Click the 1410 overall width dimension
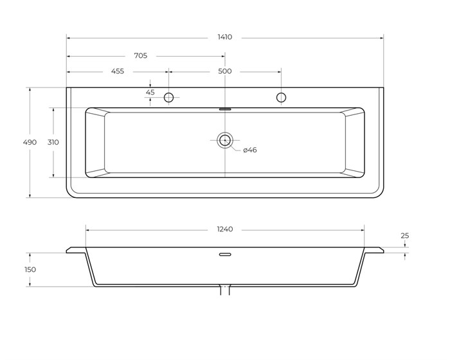[224, 37]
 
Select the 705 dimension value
[140, 56]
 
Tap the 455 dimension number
[118, 71]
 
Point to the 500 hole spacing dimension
[224, 71]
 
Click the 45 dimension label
[150, 93]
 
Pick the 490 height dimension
[30, 142]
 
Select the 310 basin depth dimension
[53, 142]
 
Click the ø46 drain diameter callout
[250, 150]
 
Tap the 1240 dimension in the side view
[224, 230]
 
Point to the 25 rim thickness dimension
[405, 236]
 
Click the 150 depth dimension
[30, 269]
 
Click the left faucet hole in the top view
[169, 98]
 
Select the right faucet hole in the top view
[281, 98]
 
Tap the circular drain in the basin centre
[225, 140]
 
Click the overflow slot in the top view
[225, 109]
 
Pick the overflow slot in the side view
[225, 255]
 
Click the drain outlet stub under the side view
[225, 291]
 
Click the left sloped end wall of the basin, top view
[95, 142]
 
